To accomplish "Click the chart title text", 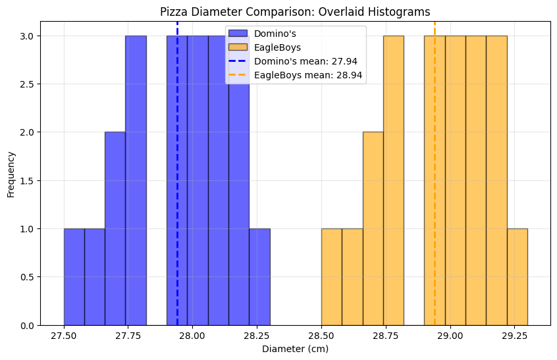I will tap(295, 12).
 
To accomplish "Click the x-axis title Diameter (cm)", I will tap(295, 349).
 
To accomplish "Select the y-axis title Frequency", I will tap(11, 174).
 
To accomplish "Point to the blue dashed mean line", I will tap(177, 197).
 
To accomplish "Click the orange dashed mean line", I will tap(435, 197).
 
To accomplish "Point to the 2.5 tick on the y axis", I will tap(28, 84).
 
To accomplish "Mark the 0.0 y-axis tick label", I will tap(28, 326).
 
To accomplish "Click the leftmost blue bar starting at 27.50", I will tap(74, 277).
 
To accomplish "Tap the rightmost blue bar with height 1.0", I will tap(259, 277).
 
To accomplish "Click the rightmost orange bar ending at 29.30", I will tap(517, 277).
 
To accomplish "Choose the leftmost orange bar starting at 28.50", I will tap(331, 277).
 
